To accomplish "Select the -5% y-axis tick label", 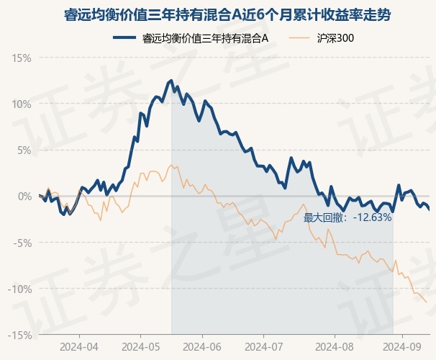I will pos(23,243).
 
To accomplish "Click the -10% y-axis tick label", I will pos(21,289).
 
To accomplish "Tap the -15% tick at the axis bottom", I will pos(21,335).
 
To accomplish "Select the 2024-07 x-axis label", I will pos(263,346).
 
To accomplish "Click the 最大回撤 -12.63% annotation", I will pos(348,217).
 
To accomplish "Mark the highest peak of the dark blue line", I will pos(171,81).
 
